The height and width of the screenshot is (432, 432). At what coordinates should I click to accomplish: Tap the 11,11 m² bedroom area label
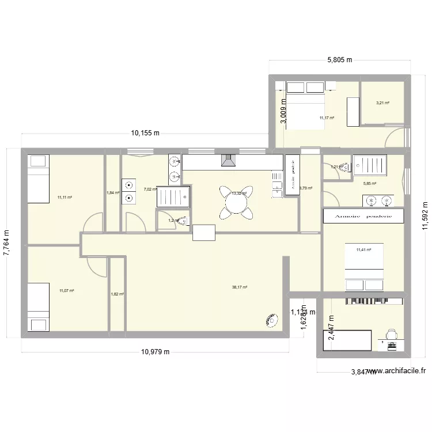[65, 198]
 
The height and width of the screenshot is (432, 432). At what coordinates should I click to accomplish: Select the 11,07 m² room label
[67, 291]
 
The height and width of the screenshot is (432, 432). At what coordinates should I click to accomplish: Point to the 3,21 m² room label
[382, 103]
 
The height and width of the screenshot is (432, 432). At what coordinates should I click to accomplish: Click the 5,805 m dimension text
[340, 60]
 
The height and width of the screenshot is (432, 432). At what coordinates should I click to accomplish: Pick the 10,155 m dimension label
[145, 133]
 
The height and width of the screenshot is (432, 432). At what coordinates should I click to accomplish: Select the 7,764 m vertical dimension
[8, 244]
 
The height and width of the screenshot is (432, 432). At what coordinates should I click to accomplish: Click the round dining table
[236, 202]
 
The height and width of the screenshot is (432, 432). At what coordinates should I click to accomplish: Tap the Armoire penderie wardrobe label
[363, 216]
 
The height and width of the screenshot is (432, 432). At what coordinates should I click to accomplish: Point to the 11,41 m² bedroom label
[363, 250]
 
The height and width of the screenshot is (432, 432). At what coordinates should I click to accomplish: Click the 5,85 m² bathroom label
[369, 184]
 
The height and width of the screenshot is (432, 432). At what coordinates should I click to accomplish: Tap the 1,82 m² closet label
[117, 294]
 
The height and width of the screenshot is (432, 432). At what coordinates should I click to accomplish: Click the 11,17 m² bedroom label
[327, 118]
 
